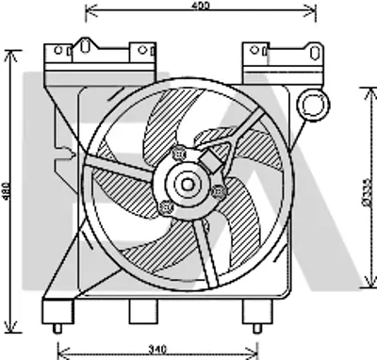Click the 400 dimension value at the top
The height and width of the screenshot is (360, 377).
196,7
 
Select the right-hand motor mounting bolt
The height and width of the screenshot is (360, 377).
219,192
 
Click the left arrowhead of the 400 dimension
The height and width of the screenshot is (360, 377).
89,13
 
